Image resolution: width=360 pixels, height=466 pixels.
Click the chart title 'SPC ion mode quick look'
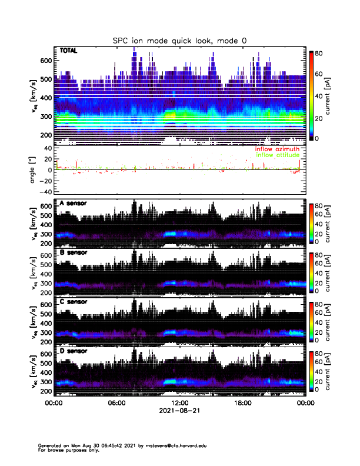(x=179, y=40)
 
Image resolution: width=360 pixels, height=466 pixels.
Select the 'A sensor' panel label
(x=73, y=204)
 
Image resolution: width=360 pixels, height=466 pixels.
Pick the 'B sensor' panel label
(x=73, y=252)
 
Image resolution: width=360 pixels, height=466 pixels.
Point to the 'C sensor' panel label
(x=73, y=302)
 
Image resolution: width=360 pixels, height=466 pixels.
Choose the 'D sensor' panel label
(x=73, y=351)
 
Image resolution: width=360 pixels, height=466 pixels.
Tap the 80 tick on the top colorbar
(x=318, y=52)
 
